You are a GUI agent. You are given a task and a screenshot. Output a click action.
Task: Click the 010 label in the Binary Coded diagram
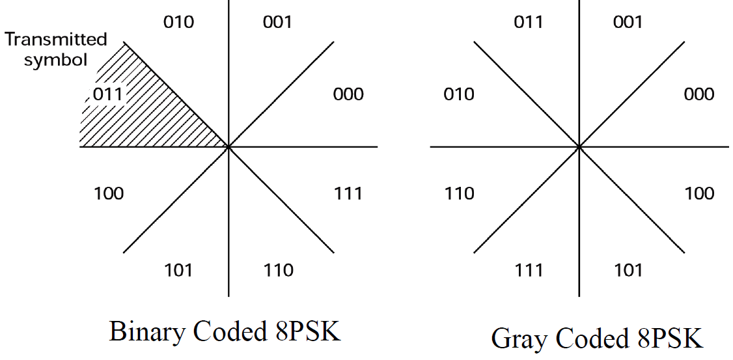178,22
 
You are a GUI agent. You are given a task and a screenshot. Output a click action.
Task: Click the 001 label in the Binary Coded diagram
277,22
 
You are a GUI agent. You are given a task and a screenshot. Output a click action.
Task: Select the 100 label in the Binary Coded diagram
109,193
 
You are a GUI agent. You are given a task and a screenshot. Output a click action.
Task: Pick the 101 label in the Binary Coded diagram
178,270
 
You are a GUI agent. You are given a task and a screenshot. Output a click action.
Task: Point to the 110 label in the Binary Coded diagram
278,270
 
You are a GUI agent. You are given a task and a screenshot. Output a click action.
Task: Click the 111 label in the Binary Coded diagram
348,193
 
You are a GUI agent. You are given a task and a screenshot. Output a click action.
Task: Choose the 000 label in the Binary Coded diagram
348,94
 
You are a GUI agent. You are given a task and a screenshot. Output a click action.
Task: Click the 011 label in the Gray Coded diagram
529,22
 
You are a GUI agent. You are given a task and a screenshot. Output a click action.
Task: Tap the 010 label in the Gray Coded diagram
459,94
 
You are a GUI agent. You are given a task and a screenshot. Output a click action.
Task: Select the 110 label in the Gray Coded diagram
459,193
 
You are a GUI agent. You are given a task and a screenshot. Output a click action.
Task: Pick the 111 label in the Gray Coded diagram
529,270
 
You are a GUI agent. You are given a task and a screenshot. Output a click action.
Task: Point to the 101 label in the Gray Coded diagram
628,270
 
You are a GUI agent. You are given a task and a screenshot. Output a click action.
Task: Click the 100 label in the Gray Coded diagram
698,193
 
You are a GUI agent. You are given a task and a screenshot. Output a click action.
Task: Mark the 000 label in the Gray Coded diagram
698,94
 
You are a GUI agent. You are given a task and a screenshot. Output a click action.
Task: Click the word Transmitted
55,40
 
